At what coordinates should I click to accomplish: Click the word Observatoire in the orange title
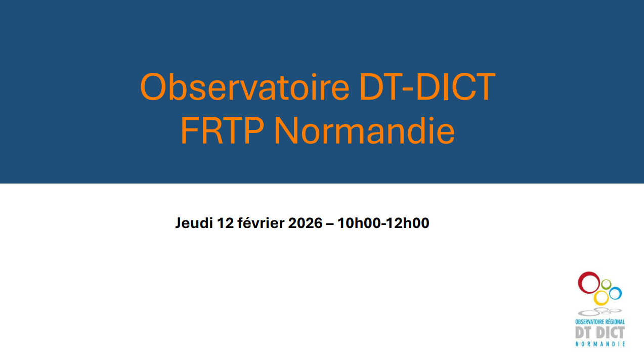coord(245,87)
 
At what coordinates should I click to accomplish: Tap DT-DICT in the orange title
coord(427,87)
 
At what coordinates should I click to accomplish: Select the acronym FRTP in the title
coord(222,131)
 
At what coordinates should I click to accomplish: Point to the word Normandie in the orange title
coord(364,131)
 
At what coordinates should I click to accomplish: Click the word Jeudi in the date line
coord(194,223)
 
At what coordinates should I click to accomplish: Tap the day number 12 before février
coord(226,223)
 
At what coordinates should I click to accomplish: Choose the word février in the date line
coord(261,223)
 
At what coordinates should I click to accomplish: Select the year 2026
coord(306,223)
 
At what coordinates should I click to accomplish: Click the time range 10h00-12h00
coord(383,223)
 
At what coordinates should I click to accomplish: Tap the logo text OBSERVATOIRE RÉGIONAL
coord(600,322)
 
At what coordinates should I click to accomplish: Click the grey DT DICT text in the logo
coord(600,333)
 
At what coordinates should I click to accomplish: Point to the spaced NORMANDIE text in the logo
coord(600,344)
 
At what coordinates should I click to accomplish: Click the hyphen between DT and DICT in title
coord(409,90)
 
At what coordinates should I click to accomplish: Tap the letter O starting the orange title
coord(153,87)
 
